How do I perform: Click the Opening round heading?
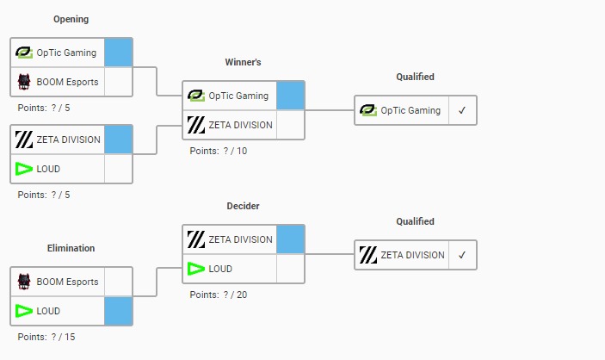71,19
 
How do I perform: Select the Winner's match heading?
243,62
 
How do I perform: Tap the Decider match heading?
243,206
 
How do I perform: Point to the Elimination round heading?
71,248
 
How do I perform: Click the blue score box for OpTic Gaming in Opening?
119,53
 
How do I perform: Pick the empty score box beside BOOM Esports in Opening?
119,82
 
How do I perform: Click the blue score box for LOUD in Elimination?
119,311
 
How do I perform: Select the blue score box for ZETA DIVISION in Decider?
291,239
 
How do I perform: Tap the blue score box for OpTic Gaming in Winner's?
291,96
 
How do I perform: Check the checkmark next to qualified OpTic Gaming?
462,110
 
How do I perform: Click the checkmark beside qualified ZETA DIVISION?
462,255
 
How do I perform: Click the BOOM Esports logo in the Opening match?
24,82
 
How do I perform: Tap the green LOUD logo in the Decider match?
196,269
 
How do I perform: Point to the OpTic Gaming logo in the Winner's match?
196,96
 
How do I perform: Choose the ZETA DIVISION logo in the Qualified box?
368,255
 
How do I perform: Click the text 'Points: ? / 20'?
219,295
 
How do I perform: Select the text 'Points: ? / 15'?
46,337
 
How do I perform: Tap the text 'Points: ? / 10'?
219,151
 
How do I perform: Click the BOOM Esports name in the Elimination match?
67,282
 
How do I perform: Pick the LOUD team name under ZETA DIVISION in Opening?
48,169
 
